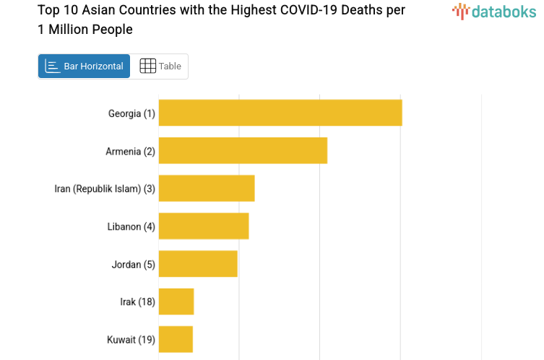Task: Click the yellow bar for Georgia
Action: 280,113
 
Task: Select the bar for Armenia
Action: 243,150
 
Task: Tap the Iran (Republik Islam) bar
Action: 207,188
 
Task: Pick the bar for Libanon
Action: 204,226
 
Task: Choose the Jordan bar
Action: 198,264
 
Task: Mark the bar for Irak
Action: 176,301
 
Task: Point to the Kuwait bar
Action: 176,339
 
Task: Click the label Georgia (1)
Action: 131,113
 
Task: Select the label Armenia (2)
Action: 130,151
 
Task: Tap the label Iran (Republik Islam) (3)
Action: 105,189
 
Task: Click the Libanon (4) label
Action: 131,226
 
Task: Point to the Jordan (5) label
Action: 133,265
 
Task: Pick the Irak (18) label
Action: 137,302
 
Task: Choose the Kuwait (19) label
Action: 131,340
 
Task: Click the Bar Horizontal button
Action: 84,66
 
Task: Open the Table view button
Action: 160,66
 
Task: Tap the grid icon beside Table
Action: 147,66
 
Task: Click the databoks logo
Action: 494,11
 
